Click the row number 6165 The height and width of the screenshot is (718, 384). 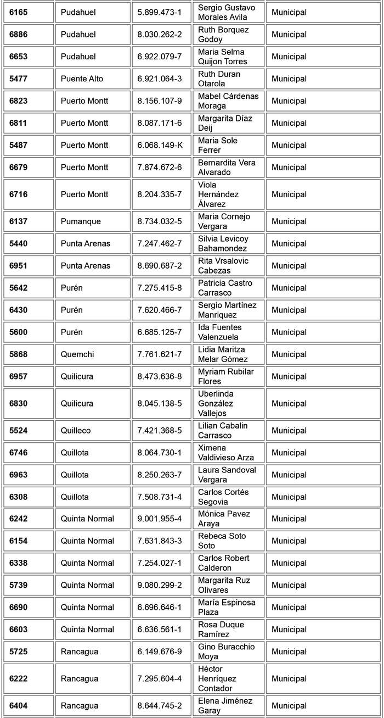coord(18,12)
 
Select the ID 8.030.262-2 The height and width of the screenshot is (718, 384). coord(160,35)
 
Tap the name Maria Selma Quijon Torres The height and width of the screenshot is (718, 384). coord(222,57)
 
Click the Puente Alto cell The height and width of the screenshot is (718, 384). coord(82,79)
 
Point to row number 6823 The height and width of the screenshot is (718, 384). coord(18,101)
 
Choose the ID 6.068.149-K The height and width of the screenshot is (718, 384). coord(160,145)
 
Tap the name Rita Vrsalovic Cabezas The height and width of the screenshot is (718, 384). coord(223,266)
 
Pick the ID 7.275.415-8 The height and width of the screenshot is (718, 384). coord(160,288)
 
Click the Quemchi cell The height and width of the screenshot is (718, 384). coord(77,354)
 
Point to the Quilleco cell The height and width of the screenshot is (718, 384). coord(76,431)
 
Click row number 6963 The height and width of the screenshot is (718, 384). coord(18,475)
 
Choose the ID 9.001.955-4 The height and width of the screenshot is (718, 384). coord(160,519)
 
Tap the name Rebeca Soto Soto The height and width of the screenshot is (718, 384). coord(222,541)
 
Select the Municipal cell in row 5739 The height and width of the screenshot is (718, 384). coord(289,585)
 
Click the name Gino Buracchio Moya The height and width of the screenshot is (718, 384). coord(226,652)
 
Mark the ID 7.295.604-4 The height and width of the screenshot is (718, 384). coord(160,678)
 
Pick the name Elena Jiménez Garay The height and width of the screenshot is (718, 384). coord(225,706)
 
